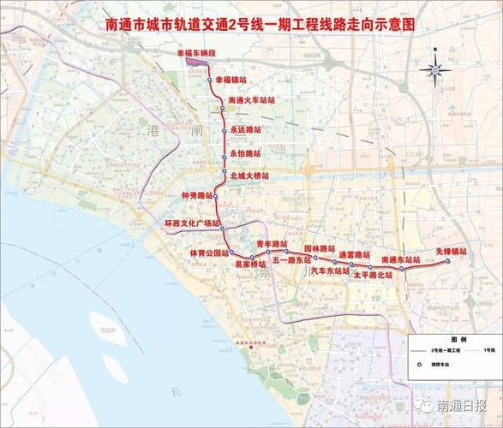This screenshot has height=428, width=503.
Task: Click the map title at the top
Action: [x=252, y=25]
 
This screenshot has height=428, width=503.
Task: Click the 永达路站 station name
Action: [x=246, y=132]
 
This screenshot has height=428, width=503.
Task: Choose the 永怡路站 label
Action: [x=246, y=153]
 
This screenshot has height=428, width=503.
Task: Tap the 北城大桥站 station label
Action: [x=250, y=175]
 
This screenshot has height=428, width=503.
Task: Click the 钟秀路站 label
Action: [x=197, y=195]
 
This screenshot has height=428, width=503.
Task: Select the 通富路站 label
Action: [x=355, y=254]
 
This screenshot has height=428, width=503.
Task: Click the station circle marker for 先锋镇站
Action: [x=446, y=263]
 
